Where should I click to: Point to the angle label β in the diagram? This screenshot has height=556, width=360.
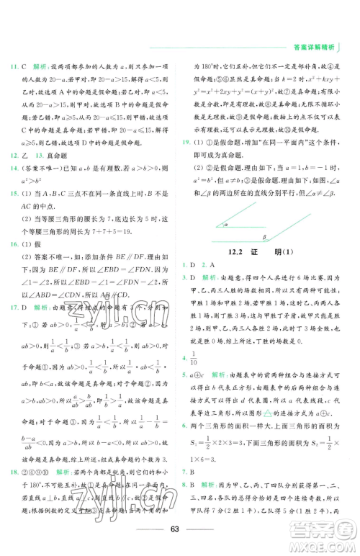click(264, 236)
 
